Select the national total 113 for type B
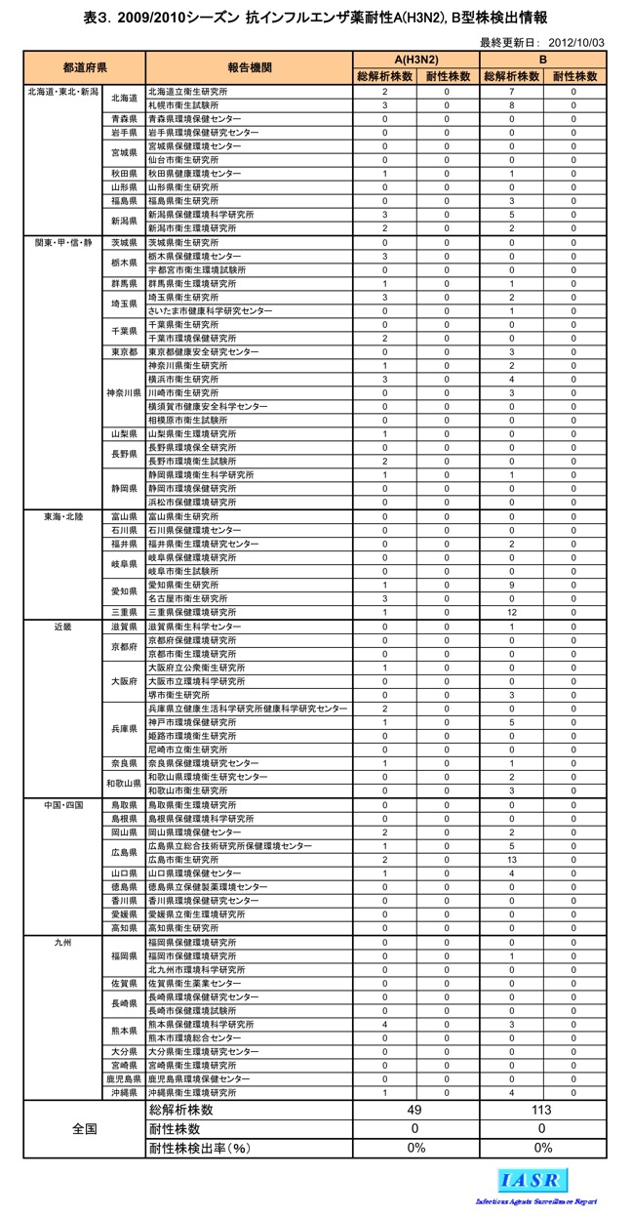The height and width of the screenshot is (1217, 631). pyautogui.click(x=542, y=1110)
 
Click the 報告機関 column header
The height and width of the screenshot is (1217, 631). pyautogui.click(x=249, y=67)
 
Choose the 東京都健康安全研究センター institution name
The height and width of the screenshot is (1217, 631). pyautogui.click(x=203, y=351)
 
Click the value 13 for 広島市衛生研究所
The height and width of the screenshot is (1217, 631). pyautogui.click(x=511, y=860)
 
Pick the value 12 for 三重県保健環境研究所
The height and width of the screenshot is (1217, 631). pyautogui.click(x=511, y=612)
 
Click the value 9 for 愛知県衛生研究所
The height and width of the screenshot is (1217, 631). pyautogui.click(x=511, y=585)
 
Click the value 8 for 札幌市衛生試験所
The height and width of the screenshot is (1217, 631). pyautogui.click(x=511, y=104)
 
